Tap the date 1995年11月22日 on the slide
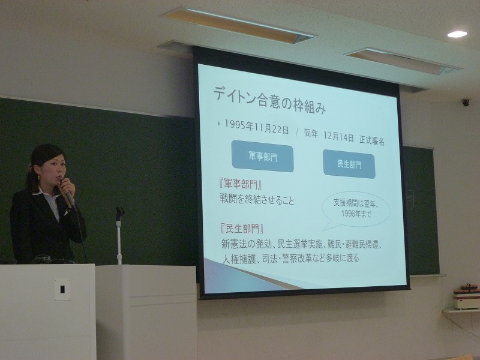[257, 127]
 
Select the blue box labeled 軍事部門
[263, 156]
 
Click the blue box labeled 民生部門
[349, 164]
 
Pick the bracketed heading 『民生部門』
[242, 229]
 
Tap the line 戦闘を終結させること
[257, 200]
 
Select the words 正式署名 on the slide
[372, 140]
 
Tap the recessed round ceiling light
[457, 34]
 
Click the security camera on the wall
[466, 103]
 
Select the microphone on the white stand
[119, 212]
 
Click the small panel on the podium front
[62, 289]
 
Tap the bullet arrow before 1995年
[219, 124]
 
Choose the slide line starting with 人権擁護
[290, 258]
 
